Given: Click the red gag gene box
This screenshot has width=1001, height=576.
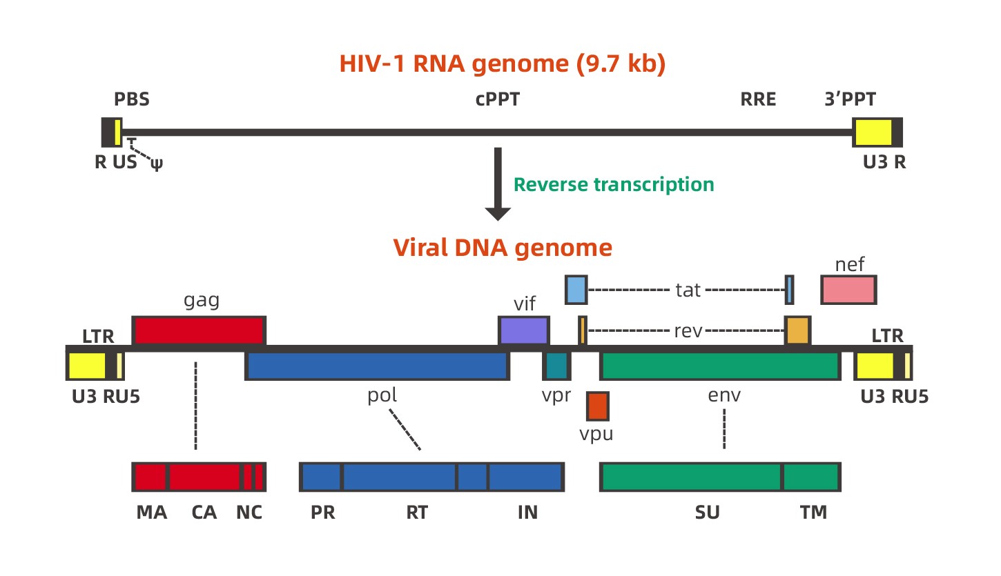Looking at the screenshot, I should point(199,330).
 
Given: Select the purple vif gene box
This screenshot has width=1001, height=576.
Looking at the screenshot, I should point(524,330).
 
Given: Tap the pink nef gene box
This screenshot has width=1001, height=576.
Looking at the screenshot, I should point(848,290).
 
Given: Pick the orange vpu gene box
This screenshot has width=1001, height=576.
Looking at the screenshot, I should point(597,406).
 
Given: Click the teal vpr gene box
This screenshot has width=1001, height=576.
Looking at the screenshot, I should point(556,366).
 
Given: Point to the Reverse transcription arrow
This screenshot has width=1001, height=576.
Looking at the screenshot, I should point(497,183).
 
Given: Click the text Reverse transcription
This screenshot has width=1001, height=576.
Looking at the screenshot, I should point(614,185).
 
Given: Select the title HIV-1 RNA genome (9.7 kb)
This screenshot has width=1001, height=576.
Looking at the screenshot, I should point(502,64).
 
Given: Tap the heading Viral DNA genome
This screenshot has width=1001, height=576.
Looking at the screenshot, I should point(502,248).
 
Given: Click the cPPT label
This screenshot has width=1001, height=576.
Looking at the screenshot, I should point(497,100).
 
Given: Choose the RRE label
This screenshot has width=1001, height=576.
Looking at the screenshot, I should point(758,100).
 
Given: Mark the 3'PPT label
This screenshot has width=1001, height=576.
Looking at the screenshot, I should point(850,100).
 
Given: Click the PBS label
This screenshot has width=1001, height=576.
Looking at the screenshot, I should point(132,100).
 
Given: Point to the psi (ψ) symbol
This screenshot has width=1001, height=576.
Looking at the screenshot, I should point(157,165).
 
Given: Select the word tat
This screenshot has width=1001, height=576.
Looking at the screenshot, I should point(688,290).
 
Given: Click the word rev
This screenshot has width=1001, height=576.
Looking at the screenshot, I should point(688,331).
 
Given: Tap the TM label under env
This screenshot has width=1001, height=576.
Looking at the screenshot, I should point(813,513).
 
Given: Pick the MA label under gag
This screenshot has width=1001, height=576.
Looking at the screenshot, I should point(151,513).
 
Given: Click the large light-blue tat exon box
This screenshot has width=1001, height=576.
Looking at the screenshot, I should point(576,290).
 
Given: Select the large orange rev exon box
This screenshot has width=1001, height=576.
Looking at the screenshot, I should point(797,331).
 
